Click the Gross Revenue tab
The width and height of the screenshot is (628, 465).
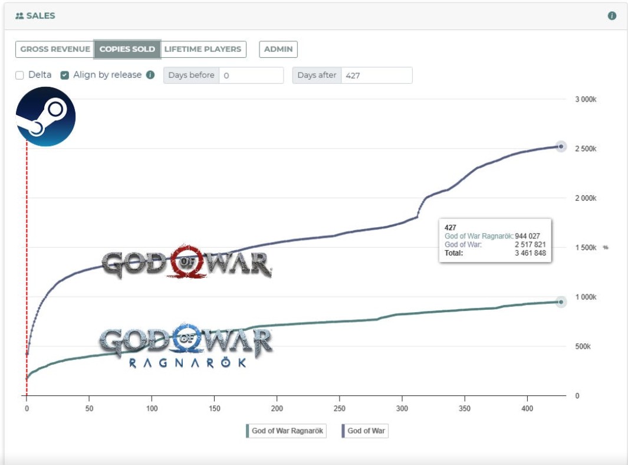coord(55,49)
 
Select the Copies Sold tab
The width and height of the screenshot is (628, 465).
coord(127,49)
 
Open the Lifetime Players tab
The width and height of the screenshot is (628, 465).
coord(203,49)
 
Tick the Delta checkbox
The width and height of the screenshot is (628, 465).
coord(19,76)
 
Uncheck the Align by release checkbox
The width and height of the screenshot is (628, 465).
coord(65,76)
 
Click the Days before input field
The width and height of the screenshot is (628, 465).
coord(251,76)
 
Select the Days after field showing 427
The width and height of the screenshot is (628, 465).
coord(376,76)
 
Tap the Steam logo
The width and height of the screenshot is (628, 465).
coord(45,117)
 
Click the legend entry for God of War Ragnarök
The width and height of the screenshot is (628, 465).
coord(286,431)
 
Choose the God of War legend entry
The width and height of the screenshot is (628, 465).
coord(365,431)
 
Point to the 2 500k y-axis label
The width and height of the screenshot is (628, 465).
coord(586,149)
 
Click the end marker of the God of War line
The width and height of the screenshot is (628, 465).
coord(561,147)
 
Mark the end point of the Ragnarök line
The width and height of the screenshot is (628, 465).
coord(561,302)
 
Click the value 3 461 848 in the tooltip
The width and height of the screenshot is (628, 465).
coord(530,253)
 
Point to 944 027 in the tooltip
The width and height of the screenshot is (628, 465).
coord(527,236)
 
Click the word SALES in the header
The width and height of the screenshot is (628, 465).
coord(41,16)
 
